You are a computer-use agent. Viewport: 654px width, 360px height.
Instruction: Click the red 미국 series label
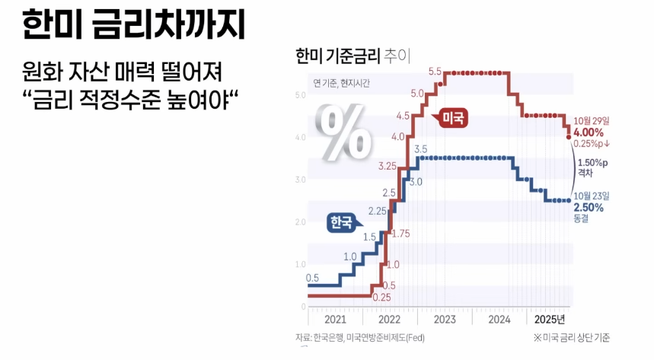click(453, 118)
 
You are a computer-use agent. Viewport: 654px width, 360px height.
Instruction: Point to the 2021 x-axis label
click(335, 320)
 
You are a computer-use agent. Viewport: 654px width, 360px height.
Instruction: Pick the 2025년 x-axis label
click(550, 320)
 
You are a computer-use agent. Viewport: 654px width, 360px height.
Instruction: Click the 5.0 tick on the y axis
click(300, 95)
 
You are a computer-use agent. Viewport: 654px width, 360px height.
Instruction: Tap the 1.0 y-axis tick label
click(300, 264)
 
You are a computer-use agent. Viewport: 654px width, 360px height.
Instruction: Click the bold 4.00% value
click(589, 132)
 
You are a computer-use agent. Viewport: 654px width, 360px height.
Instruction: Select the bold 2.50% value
click(589, 207)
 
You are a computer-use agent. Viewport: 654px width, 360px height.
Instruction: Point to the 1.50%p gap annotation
click(592, 162)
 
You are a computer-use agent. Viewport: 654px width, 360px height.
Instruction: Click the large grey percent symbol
click(346, 132)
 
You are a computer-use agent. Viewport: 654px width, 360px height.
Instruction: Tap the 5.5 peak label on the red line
click(435, 72)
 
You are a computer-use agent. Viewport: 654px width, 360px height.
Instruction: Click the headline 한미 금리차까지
click(132, 25)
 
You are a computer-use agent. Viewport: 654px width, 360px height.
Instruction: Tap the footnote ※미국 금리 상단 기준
click(572, 338)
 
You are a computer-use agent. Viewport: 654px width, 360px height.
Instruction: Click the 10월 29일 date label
click(593, 121)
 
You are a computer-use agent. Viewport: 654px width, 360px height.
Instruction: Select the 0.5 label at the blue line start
click(312, 278)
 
